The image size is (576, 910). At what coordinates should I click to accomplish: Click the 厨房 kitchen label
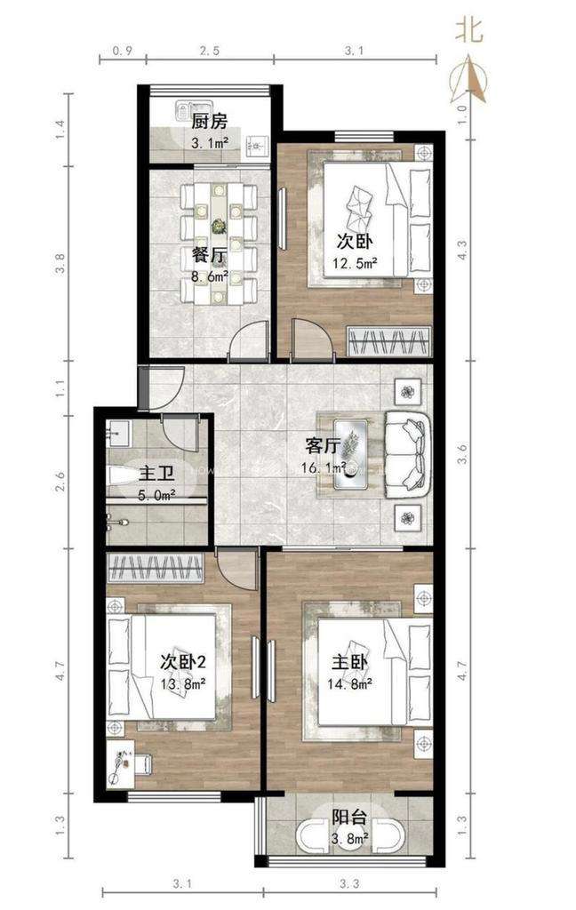pyautogui.click(x=209, y=122)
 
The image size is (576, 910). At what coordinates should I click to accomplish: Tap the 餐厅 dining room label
pyautogui.click(x=209, y=255)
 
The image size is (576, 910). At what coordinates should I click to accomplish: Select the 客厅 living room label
pyautogui.click(x=323, y=446)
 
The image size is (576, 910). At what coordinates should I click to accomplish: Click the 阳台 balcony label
pyautogui.click(x=349, y=818)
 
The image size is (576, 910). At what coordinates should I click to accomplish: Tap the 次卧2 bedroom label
pyautogui.click(x=181, y=661)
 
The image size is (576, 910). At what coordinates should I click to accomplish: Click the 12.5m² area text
pyautogui.click(x=355, y=264)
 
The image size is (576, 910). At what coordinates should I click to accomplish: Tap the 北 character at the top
pyautogui.click(x=469, y=29)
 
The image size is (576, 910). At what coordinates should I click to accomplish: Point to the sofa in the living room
pyautogui.click(x=408, y=454)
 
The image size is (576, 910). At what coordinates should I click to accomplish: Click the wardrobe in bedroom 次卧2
pyautogui.click(x=156, y=568)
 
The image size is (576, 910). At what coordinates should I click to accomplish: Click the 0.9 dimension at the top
pyautogui.click(x=122, y=51)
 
